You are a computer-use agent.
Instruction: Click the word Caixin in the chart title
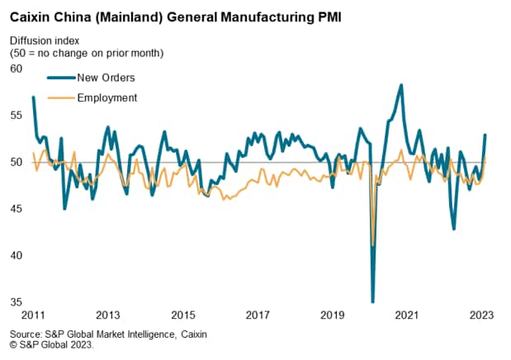click(x=31, y=15)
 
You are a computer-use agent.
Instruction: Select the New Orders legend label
click(x=106, y=78)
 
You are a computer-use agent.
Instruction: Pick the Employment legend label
click(x=106, y=97)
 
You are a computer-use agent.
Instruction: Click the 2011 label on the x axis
click(x=34, y=315)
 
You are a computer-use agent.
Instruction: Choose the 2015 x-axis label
click(x=183, y=315)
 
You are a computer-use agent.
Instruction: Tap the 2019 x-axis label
click(x=332, y=315)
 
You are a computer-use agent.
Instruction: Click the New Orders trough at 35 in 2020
click(x=373, y=301)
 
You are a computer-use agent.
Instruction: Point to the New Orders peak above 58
click(x=401, y=85)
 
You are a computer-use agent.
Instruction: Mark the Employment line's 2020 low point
click(x=374, y=245)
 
